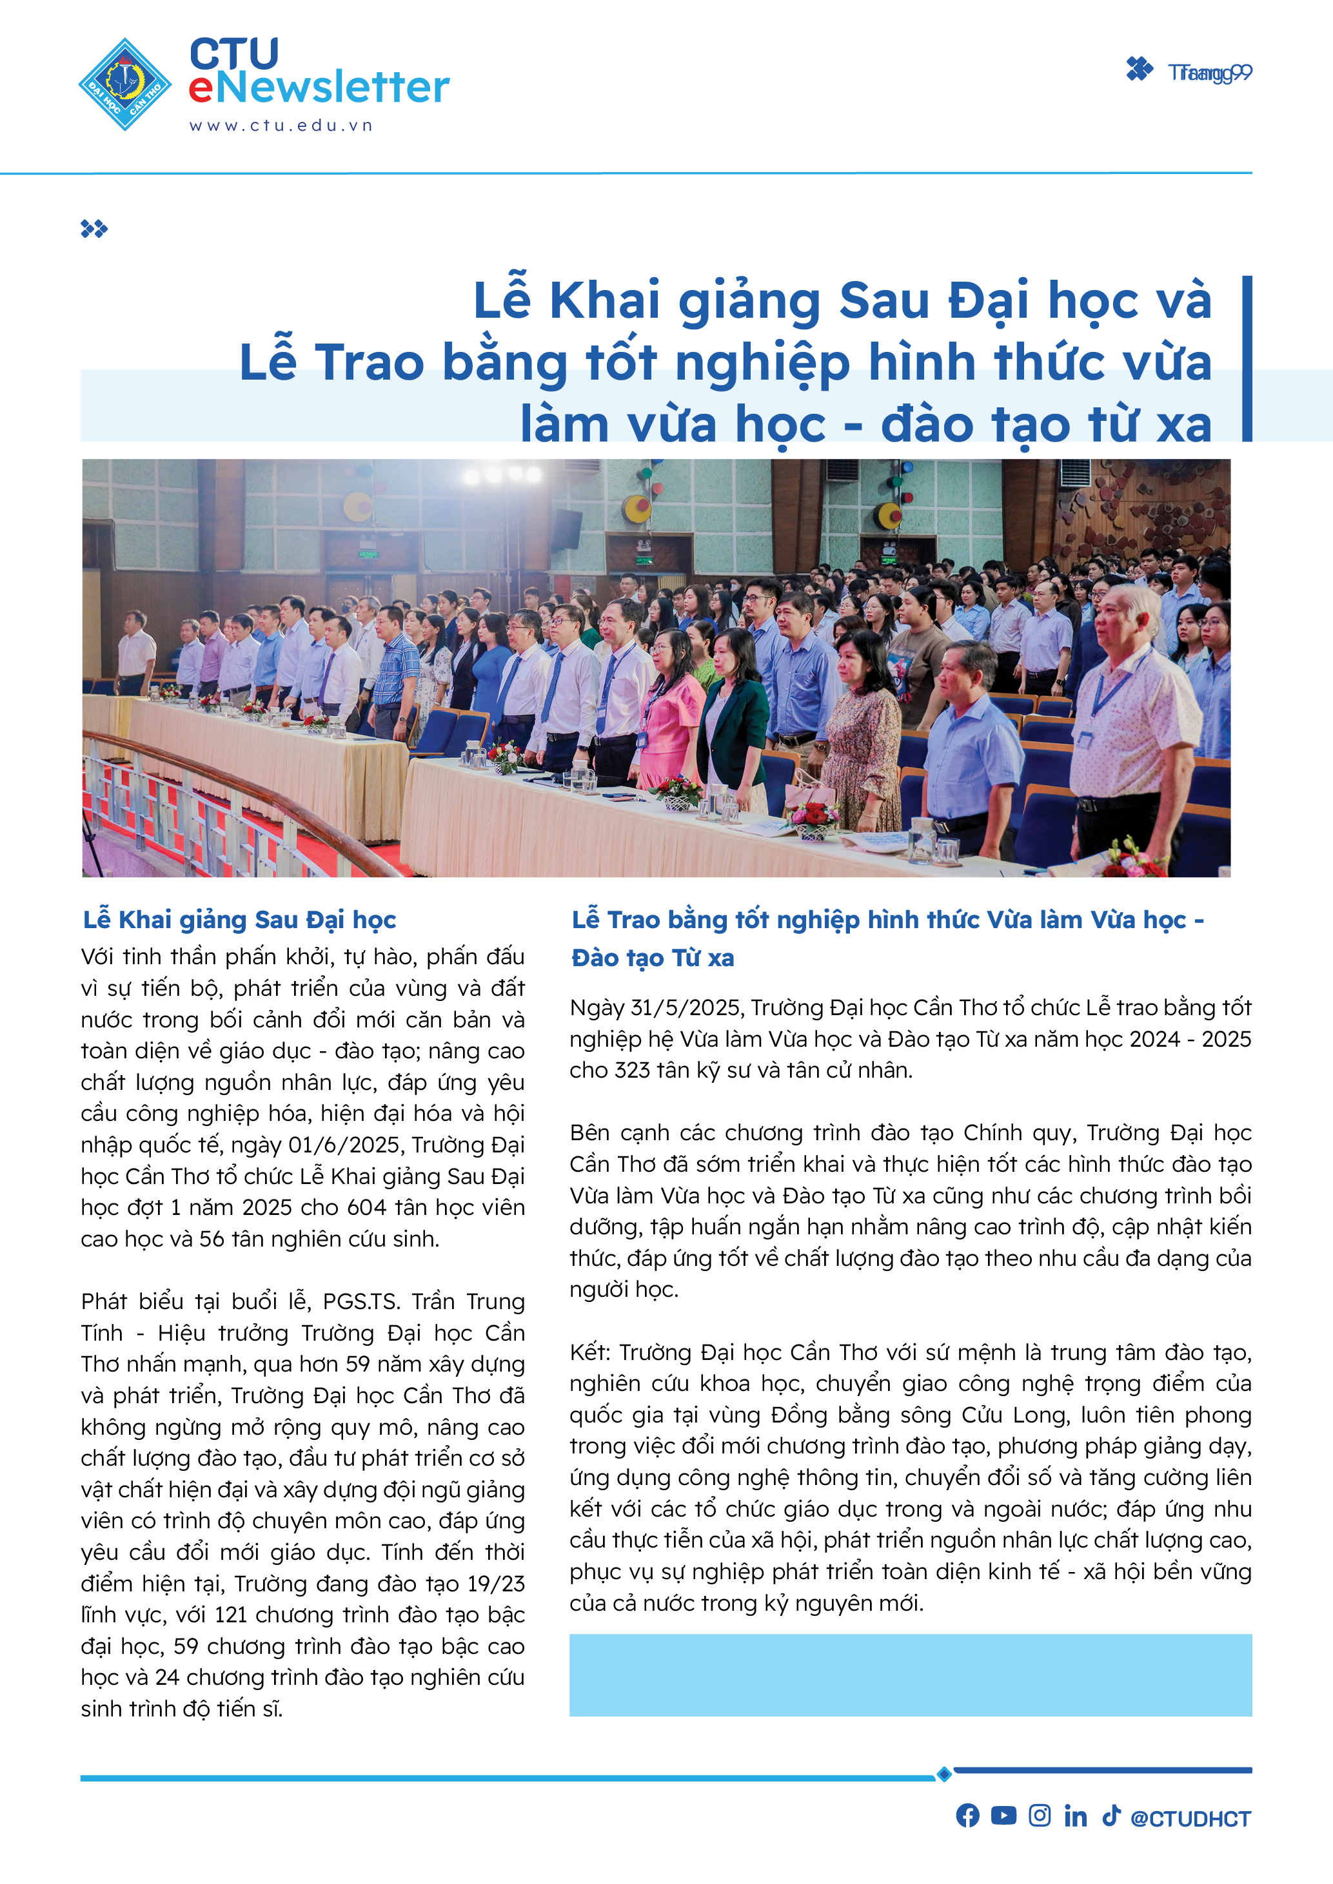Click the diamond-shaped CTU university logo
(x=124, y=84)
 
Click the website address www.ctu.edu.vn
(x=281, y=126)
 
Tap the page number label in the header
(x=1209, y=73)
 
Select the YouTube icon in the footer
(x=1003, y=1815)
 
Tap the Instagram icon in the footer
(x=1039, y=1815)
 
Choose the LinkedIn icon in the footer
(x=1075, y=1815)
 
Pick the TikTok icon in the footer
(x=1111, y=1815)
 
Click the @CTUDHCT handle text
(x=1190, y=1818)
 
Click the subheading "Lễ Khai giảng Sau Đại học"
(x=240, y=920)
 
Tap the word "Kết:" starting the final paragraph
(x=590, y=1352)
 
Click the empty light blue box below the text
(x=911, y=1674)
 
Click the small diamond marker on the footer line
(x=944, y=1773)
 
